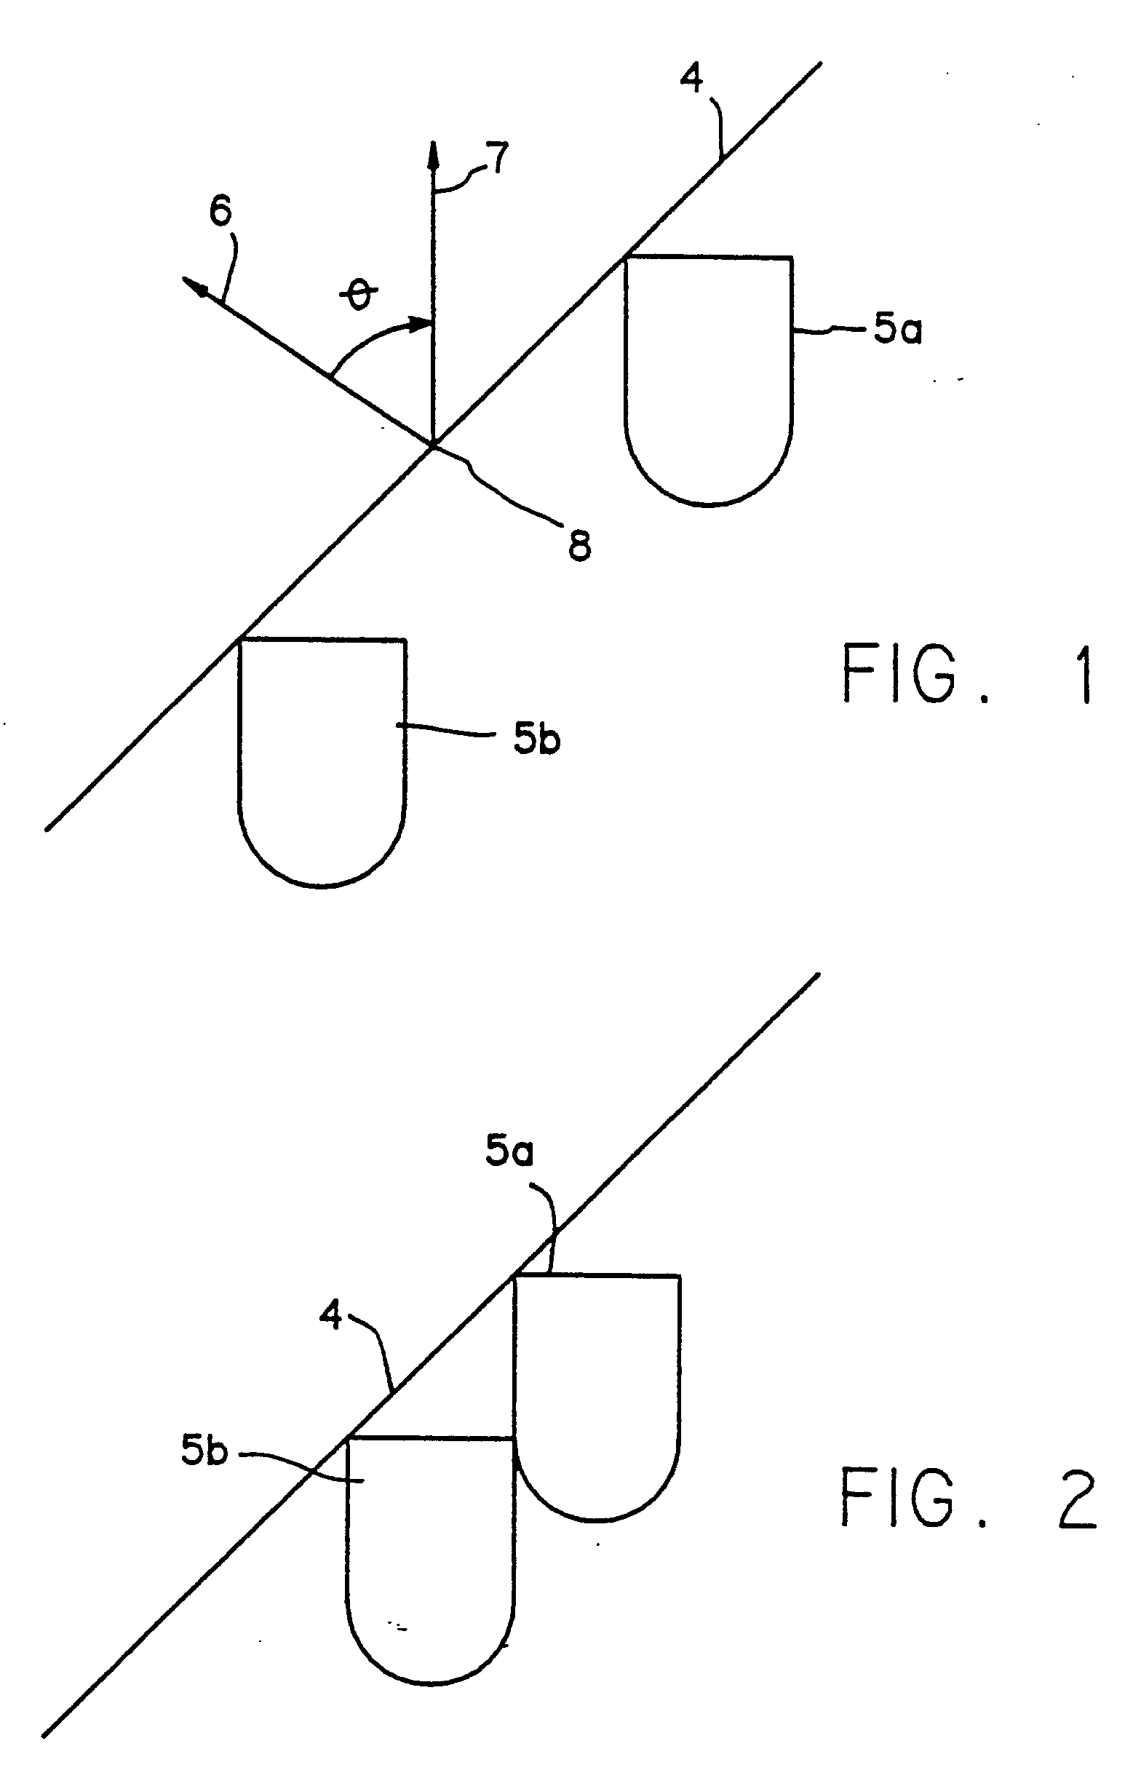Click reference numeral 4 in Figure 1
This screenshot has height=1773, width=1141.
point(692,79)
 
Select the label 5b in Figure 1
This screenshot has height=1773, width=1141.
point(537,739)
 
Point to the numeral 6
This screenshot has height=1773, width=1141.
point(220,213)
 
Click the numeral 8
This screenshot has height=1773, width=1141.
point(579,546)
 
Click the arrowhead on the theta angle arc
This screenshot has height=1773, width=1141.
point(421,323)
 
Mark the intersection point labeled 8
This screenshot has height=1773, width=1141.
point(433,445)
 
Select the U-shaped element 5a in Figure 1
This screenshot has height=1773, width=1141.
point(709,378)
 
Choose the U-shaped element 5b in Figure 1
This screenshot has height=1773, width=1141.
point(322,759)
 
